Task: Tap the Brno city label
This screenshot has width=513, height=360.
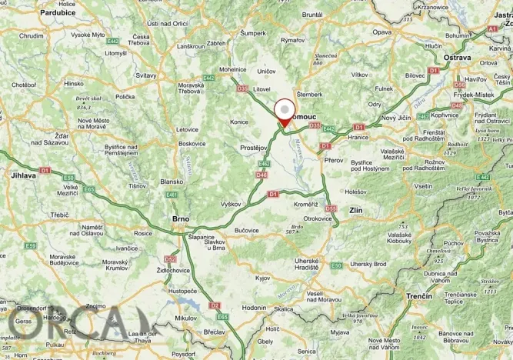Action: [x=180, y=219]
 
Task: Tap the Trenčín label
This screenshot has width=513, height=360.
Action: [x=421, y=296]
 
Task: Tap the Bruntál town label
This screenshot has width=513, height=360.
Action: [x=312, y=14]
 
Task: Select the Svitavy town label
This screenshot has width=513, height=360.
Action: [x=145, y=75]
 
